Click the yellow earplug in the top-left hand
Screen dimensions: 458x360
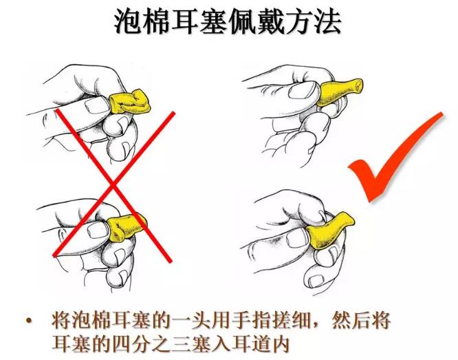coord(129,102)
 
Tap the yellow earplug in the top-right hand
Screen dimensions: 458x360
coord(339,92)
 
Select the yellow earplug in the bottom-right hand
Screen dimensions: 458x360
coord(329,230)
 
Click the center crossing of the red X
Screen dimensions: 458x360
coord(113,185)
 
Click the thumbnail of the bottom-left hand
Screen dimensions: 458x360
coord(97,230)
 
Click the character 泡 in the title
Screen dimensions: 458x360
coord(127,21)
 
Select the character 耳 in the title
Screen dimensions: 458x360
coord(184,21)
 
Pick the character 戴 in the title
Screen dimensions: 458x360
coord(270,21)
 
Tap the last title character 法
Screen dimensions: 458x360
coord(327,21)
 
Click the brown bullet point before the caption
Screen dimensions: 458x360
coord(29,320)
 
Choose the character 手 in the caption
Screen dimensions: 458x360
coord(241,321)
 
